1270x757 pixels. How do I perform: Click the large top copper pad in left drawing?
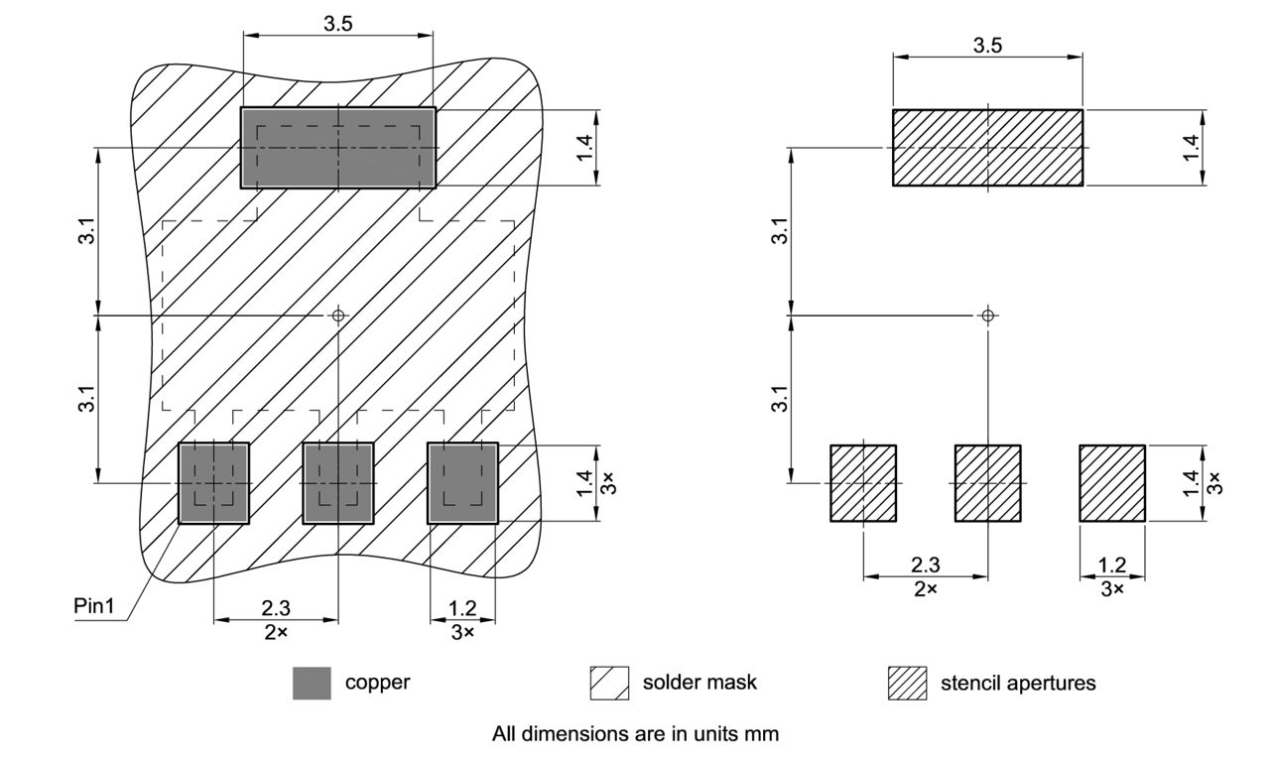coord(338,148)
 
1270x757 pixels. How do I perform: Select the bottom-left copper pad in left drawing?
coord(213,483)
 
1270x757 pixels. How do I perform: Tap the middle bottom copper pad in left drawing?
coord(338,483)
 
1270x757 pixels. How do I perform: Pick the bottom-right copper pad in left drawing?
coord(462,483)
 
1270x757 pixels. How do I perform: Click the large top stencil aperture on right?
coord(987,148)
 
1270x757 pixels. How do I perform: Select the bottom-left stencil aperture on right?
coord(863,483)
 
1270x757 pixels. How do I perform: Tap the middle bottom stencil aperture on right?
coord(987,483)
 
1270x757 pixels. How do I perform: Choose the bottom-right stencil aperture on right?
coord(1112,483)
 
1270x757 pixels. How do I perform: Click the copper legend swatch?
coord(312,683)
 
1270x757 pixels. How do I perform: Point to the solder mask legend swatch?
coord(609,683)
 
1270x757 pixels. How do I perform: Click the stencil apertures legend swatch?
coord(907,683)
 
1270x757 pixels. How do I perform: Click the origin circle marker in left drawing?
coord(338,315)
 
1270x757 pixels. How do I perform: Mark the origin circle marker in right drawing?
coord(987,315)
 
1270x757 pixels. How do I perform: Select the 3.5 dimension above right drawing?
coord(987,46)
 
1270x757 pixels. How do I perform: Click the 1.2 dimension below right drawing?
coord(1112,565)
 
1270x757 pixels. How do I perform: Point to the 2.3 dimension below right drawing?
coord(926,565)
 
